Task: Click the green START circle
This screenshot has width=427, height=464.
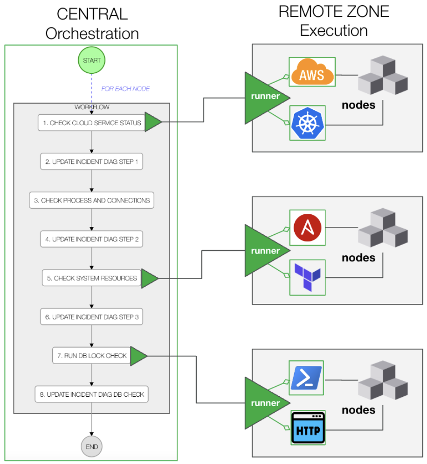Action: pyautogui.click(x=92, y=60)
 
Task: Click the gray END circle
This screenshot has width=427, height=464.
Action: pyautogui.click(x=92, y=447)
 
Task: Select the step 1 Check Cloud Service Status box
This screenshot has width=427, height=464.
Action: pyautogui.click(x=92, y=123)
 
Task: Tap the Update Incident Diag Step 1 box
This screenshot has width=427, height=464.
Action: pyautogui.click(x=92, y=162)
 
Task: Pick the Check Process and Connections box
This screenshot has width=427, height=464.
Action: pyautogui.click(x=92, y=200)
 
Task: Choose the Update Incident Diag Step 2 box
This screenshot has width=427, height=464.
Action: pyautogui.click(x=92, y=239)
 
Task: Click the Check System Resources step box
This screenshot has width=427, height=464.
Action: pyautogui.click(x=92, y=278)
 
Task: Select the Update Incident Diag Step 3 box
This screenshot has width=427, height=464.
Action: pyautogui.click(x=92, y=316)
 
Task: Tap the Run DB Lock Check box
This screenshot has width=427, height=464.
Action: pyautogui.click(x=92, y=355)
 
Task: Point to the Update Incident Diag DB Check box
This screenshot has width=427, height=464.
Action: pyautogui.click(x=92, y=394)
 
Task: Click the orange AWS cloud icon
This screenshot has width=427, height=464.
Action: pyautogui.click(x=312, y=72)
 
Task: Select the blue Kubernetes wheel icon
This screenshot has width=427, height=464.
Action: pyautogui.click(x=307, y=123)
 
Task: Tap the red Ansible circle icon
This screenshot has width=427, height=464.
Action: pyautogui.click(x=307, y=227)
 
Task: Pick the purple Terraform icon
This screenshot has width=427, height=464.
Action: pyautogui.click(x=307, y=278)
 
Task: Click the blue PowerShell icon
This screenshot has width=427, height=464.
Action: pyautogui.click(x=306, y=378)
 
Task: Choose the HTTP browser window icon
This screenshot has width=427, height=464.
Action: pyautogui.click(x=308, y=428)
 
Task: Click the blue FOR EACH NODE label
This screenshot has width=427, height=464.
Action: pyautogui.click(x=125, y=89)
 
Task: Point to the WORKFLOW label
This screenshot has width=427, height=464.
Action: pyautogui.click(x=92, y=107)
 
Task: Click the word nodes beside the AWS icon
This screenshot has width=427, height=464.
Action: pyautogui.click(x=358, y=105)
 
